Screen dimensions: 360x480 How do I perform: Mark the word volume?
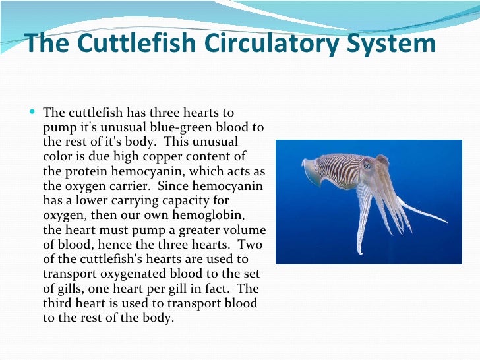tap(245, 230)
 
